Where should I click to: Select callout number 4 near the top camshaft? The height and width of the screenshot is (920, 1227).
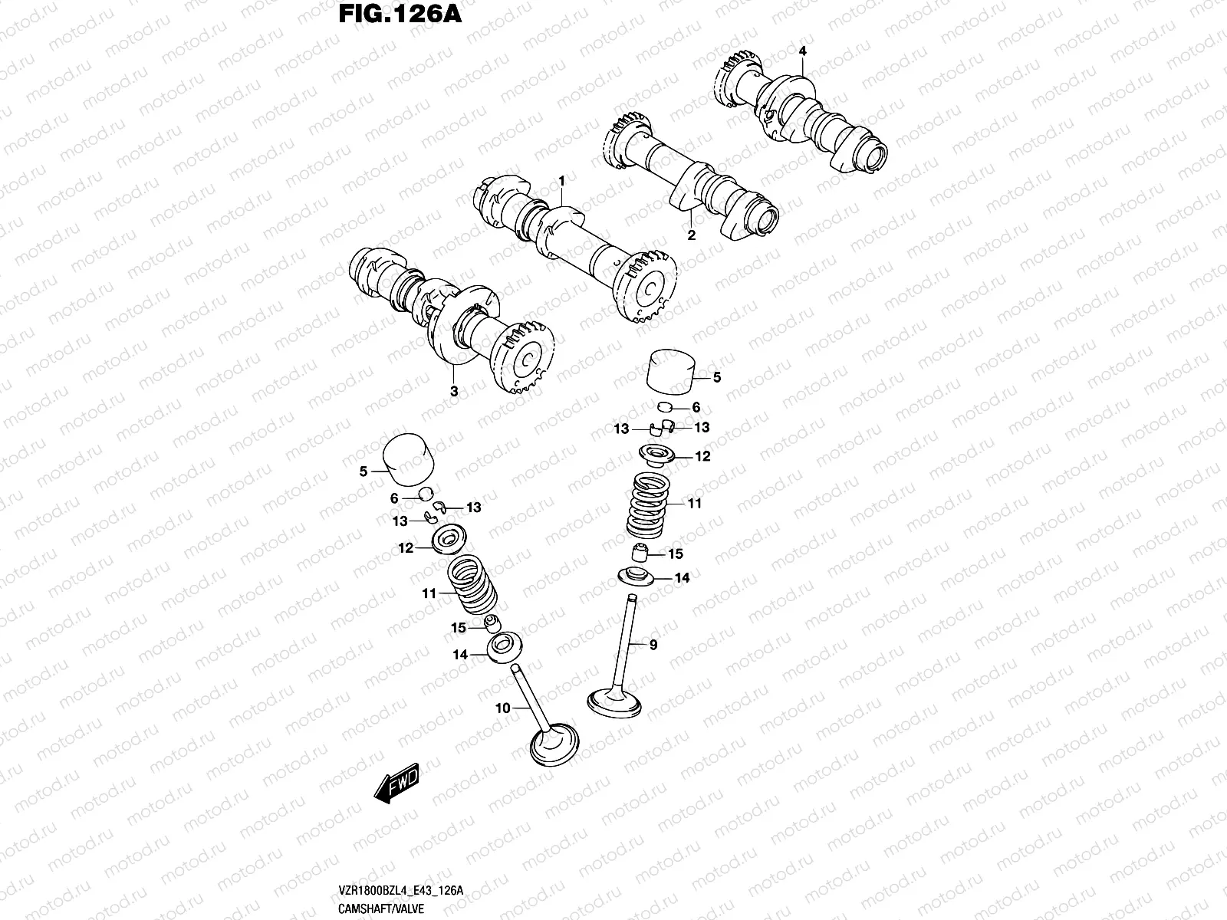(802, 51)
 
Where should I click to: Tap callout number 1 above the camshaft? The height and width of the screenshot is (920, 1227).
(561, 180)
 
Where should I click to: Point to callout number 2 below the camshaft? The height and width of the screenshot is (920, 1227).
(691, 235)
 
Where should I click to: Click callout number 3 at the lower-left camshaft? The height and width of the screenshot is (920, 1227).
(454, 391)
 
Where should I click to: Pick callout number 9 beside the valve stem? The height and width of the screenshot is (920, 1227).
(653, 646)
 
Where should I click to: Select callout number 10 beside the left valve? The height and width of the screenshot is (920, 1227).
(502, 708)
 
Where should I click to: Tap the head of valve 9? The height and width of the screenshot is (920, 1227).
(614, 700)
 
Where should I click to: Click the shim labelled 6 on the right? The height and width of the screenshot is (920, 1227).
(666, 407)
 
